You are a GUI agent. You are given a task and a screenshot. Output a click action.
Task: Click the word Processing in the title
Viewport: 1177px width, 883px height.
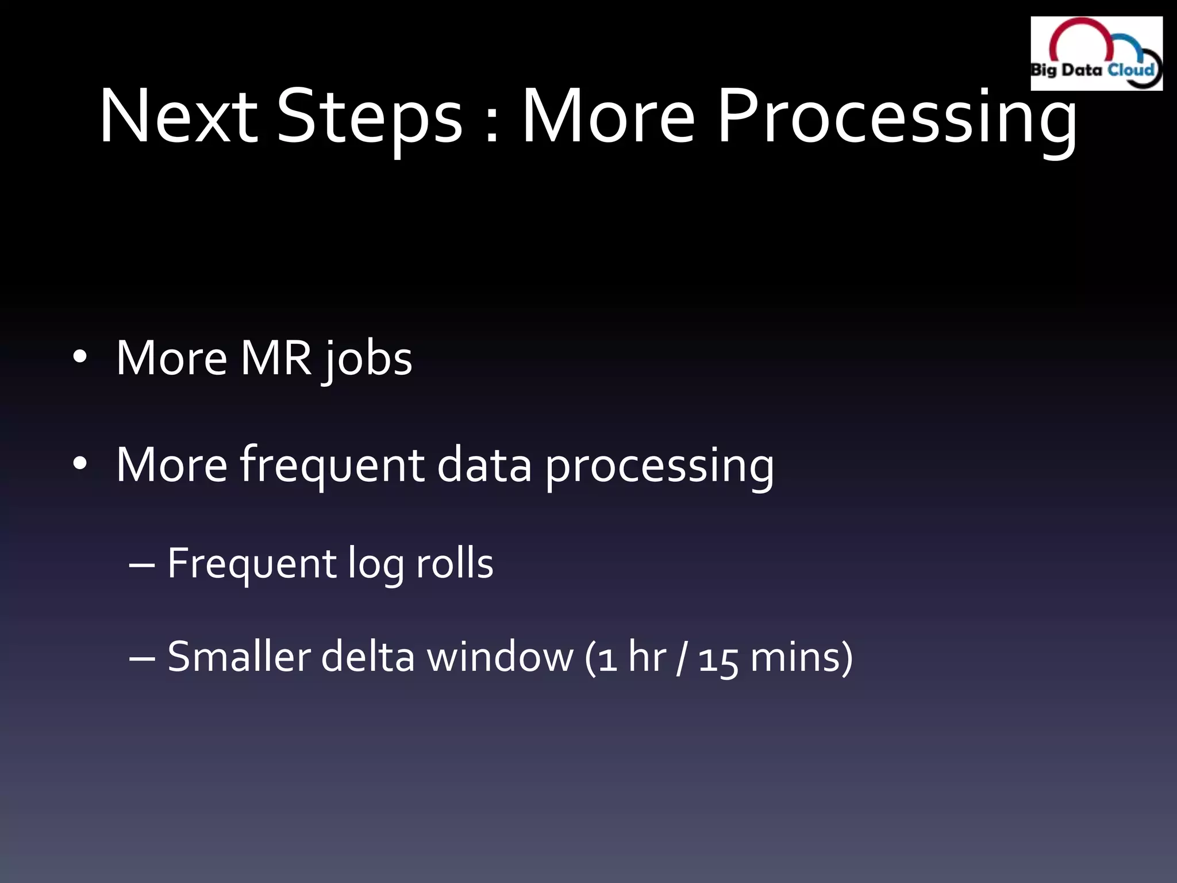click(897, 118)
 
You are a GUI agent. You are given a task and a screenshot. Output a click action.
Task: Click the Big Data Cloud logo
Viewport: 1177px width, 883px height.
click(1096, 53)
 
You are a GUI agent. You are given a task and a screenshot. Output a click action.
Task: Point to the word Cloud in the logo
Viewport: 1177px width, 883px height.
click(1130, 70)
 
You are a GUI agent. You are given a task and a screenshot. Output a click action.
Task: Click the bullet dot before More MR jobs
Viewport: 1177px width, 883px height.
click(80, 358)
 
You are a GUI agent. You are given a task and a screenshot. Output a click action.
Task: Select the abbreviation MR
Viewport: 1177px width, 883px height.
click(275, 358)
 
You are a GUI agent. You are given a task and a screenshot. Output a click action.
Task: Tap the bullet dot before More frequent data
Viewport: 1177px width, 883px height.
click(80, 464)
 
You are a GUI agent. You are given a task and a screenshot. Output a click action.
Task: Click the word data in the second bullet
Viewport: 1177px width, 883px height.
click(484, 464)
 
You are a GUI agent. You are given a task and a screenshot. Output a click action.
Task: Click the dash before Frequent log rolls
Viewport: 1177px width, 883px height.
click(141, 565)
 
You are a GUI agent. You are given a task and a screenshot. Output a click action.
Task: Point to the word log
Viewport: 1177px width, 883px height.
click(376, 566)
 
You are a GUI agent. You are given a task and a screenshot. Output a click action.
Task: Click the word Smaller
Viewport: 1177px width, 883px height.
click(239, 657)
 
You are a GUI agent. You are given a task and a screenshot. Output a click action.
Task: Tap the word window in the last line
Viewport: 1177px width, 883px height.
click(500, 657)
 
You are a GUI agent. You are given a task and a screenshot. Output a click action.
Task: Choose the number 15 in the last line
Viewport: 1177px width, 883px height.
click(718, 659)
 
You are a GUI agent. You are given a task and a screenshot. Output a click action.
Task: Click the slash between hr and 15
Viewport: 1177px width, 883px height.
click(682, 658)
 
